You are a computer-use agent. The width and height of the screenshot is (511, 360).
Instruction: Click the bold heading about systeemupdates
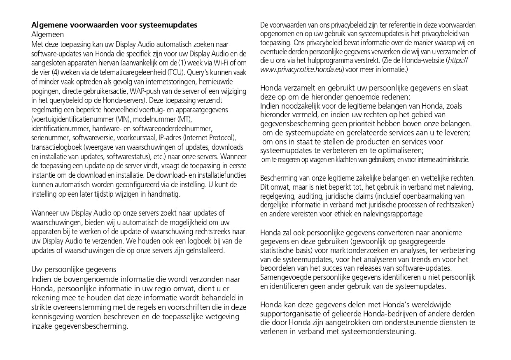tap(114, 25)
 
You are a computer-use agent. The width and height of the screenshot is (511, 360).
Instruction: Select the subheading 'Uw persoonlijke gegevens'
tap(74, 269)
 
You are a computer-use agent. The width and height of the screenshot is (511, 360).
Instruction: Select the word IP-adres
tap(170, 138)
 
